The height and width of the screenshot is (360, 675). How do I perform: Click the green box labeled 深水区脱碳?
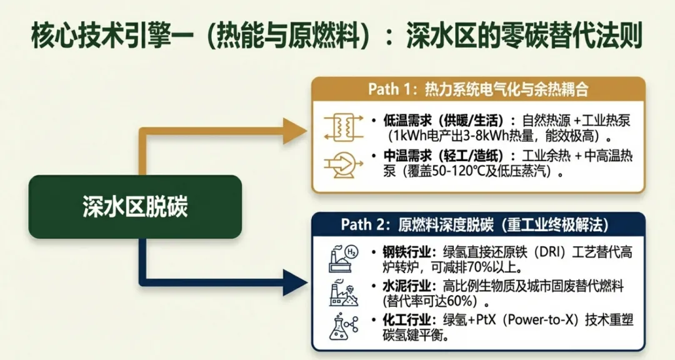134,207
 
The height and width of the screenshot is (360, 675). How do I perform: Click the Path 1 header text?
478,89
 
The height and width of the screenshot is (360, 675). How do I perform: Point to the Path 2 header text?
475,224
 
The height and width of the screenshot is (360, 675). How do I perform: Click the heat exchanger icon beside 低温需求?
339,127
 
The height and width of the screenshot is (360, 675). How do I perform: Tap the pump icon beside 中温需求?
339,163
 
